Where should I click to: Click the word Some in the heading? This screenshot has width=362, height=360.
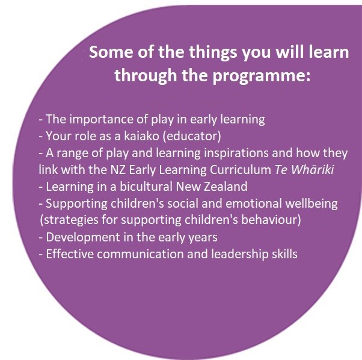click(111, 52)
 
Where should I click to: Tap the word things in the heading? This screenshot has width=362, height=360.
click(213, 53)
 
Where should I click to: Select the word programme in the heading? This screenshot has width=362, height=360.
click(262, 76)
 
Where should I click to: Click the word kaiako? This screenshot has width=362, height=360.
click(141, 136)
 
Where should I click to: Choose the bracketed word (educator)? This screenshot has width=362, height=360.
click(192, 136)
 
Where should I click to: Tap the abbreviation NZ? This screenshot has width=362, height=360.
click(118, 170)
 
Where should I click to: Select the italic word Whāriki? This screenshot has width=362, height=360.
click(312, 170)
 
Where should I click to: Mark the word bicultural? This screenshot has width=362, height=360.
click(146, 187)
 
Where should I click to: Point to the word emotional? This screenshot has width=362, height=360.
click(254, 203)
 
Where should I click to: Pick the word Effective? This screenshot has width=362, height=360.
click(70, 254)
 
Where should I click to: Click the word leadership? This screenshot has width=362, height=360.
click(240, 255)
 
